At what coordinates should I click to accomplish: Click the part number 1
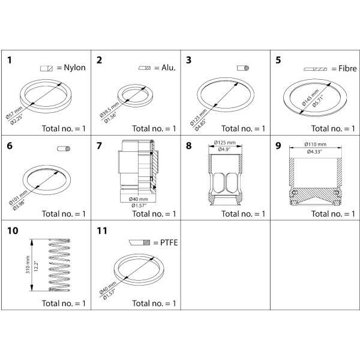[x=10, y=60]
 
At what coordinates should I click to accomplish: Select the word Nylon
[x=74, y=67]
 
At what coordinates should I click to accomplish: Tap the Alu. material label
[x=169, y=67]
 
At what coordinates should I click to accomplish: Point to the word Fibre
[x=347, y=68]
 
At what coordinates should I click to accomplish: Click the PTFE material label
[x=169, y=242]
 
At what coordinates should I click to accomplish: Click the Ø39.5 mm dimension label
[x=109, y=110]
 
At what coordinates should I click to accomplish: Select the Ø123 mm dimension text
[x=199, y=118]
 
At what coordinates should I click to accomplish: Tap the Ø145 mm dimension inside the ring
[x=310, y=97]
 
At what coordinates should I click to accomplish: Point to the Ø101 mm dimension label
[x=18, y=197]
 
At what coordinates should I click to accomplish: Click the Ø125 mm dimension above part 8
[x=225, y=143]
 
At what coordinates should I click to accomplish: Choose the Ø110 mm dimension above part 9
[x=315, y=144]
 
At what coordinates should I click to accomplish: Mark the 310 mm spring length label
[x=28, y=265]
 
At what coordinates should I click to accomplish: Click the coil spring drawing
[x=59, y=265]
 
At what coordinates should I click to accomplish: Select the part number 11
[x=102, y=231]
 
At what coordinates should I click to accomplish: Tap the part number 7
[x=99, y=146]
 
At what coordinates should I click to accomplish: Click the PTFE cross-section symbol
[x=139, y=242]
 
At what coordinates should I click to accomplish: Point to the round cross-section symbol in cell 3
[x=243, y=68]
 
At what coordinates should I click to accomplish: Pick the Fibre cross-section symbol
[x=315, y=69]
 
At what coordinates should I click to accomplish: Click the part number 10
[x=13, y=231]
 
